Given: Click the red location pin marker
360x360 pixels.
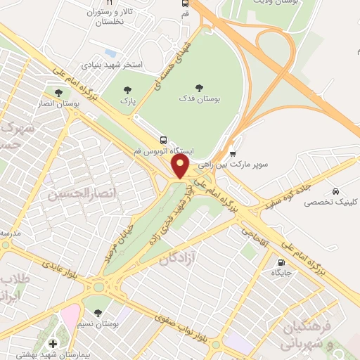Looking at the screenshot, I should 181,167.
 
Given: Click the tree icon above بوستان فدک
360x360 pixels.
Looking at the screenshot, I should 199,88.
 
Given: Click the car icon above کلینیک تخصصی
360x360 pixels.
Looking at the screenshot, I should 337,191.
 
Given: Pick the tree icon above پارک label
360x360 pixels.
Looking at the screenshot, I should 127,89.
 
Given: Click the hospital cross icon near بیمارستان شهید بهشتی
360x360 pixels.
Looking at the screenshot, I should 53,343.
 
